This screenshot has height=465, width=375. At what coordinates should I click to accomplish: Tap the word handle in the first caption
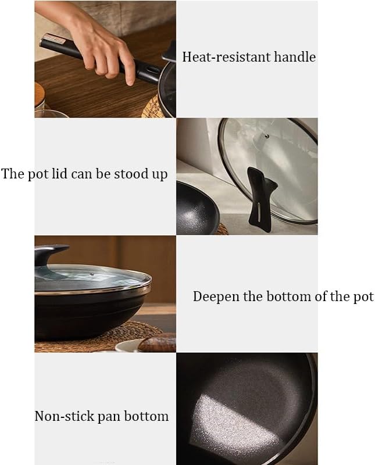tap(295, 56)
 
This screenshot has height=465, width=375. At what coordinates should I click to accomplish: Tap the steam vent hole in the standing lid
tap(267, 136)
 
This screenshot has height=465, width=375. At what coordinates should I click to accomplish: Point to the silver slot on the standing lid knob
tap(259, 212)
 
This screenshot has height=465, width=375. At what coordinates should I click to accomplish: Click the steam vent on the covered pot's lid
tap(92, 274)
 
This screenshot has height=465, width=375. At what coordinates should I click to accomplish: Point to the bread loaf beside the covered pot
tap(157, 342)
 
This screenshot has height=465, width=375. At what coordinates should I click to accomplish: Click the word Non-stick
tap(64, 416)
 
